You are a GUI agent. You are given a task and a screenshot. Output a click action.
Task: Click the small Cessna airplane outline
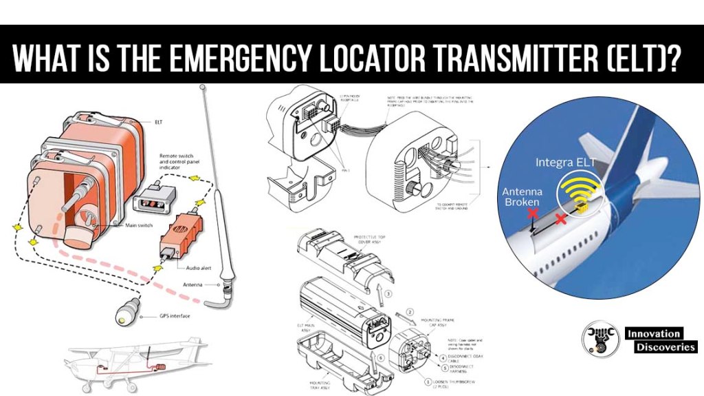(134, 358)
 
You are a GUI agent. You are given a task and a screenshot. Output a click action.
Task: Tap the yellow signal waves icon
(579, 189)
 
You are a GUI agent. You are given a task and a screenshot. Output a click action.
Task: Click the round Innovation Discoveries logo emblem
(599, 340)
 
